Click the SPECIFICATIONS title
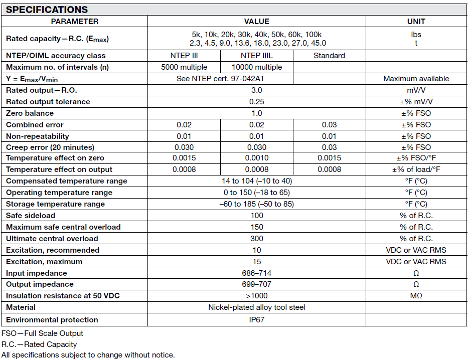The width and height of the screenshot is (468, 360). point(47,10)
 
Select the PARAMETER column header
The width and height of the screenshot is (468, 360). point(75,22)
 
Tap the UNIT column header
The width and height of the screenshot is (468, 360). point(416,22)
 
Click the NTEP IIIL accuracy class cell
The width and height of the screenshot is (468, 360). point(256,56)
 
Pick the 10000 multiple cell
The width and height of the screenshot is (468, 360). point(256,67)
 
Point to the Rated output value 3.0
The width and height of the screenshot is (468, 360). point(256,90)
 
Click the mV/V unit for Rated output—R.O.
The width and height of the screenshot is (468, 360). point(416,90)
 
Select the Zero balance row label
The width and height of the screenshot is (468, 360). point(29,113)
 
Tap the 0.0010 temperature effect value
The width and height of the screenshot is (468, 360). point(256,158)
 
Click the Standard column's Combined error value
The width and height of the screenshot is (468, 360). point(329,125)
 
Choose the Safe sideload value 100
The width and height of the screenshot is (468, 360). point(256,216)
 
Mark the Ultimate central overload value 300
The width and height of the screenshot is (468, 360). point(256,239)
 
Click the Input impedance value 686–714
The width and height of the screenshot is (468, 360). point(256,273)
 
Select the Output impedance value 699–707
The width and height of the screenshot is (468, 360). point(256,284)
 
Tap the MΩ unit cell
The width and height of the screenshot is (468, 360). point(416,296)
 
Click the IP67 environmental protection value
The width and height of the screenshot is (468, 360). point(256,320)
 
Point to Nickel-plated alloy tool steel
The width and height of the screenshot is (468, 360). point(256,307)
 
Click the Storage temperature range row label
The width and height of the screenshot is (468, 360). point(55,204)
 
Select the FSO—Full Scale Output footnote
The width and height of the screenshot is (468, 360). point(42,333)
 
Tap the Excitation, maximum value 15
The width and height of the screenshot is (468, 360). point(256,262)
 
